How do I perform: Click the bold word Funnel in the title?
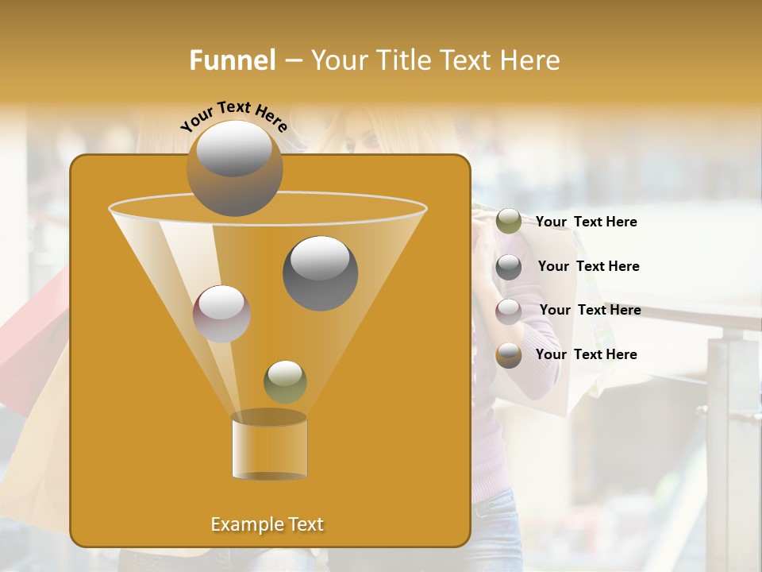(x=233, y=60)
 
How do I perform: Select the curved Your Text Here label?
(x=233, y=115)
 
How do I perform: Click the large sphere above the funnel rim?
(x=235, y=168)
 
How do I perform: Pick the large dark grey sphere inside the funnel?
(x=321, y=273)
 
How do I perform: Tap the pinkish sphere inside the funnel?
(x=221, y=313)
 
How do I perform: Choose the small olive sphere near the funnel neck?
(x=285, y=381)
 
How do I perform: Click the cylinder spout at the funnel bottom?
(x=269, y=449)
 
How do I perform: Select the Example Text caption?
(x=267, y=524)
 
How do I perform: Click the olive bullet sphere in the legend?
(x=509, y=222)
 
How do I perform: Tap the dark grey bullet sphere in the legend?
(x=509, y=267)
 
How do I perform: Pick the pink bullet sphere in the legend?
(x=509, y=311)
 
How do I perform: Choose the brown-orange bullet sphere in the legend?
(x=509, y=355)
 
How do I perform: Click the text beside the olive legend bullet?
(x=586, y=222)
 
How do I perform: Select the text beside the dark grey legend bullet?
(x=588, y=266)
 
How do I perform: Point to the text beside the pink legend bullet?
(x=590, y=310)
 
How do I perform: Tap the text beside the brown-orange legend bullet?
(x=586, y=354)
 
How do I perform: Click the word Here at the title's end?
(x=531, y=60)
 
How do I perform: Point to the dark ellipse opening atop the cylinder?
(x=269, y=417)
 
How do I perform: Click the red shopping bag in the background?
(x=32, y=334)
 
